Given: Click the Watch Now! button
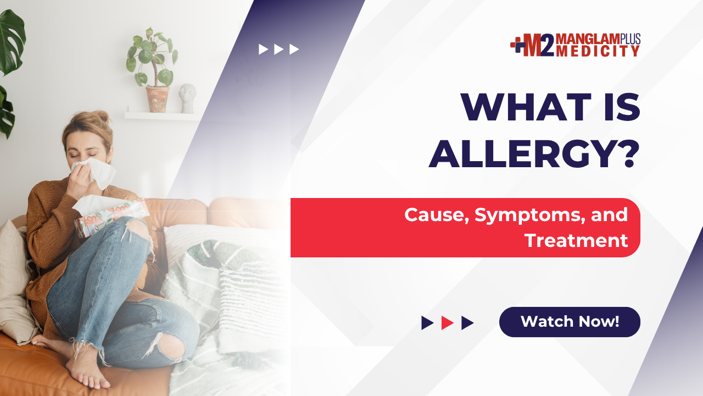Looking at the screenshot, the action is click(x=570, y=322).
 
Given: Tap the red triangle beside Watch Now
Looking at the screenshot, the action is click(x=447, y=323).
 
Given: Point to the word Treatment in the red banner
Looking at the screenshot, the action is click(x=576, y=240).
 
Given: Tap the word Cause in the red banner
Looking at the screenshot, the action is click(x=436, y=215).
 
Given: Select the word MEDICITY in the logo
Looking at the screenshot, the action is click(x=598, y=51).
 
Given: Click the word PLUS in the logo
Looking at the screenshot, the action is click(x=630, y=38).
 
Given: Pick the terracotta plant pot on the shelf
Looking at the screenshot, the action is click(x=158, y=100).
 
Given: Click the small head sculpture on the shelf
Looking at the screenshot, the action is click(x=187, y=98).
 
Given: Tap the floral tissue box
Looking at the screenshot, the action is click(x=111, y=217).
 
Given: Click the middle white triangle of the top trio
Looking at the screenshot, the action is click(x=278, y=50).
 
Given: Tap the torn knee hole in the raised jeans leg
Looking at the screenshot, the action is click(x=137, y=230).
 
